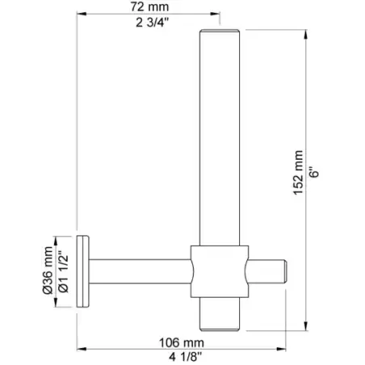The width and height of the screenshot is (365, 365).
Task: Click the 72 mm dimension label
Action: pos(148,7)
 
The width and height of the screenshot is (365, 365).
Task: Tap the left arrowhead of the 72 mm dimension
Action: pos(81,15)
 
